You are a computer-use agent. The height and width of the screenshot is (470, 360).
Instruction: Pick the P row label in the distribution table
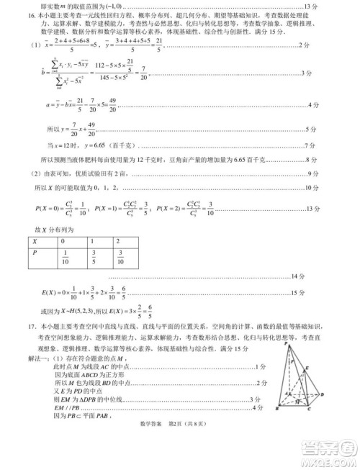(x=34, y=253)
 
